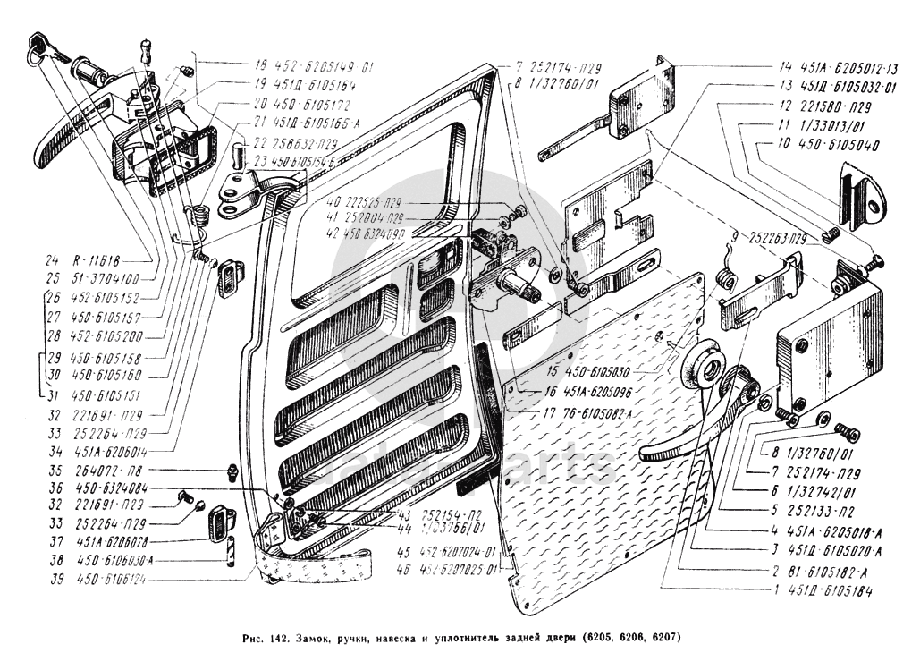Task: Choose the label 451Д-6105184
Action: [836, 592]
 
